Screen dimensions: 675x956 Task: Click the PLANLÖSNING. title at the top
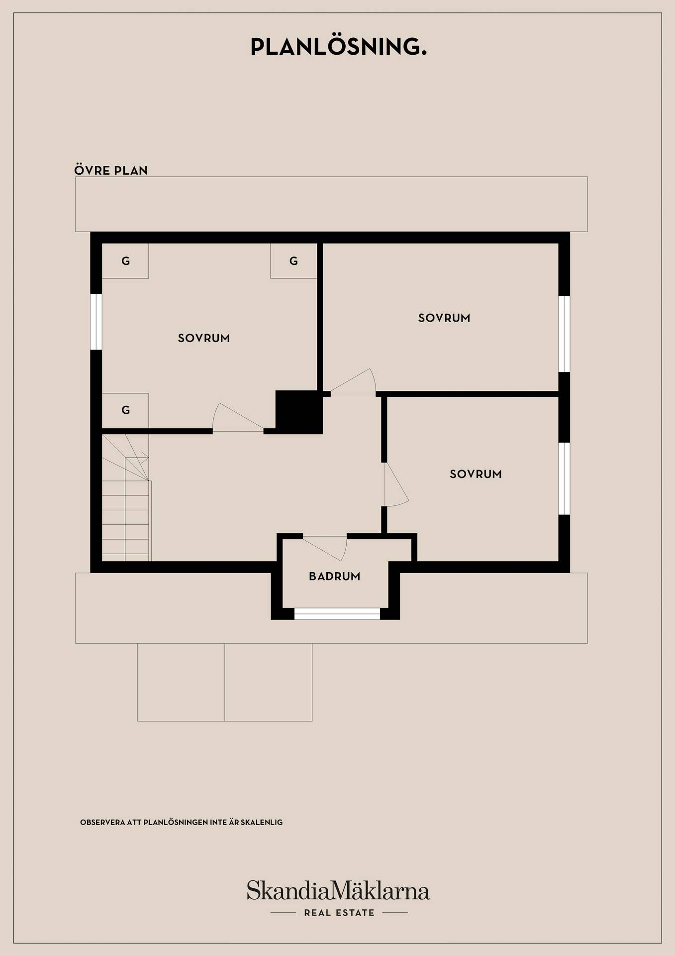(338, 46)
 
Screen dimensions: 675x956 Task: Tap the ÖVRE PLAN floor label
(111, 170)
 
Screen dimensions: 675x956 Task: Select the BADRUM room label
(334, 576)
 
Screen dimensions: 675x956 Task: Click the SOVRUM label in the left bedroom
(204, 338)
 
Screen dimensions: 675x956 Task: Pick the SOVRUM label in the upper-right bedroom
(444, 318)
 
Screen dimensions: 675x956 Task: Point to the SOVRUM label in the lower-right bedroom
(476, 474)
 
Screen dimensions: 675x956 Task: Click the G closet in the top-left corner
(125, 261)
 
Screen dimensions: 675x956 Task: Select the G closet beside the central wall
(293, 261)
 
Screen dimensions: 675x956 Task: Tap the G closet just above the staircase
(125, 410)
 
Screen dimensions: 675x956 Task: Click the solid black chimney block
(299, 412)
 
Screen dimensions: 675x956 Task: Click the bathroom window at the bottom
(337, 614)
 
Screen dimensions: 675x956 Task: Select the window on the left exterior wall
(96, 322)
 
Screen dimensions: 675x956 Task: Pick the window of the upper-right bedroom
(564, 334)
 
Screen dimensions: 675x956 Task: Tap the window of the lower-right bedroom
(564, 478)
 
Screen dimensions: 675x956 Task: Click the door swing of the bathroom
(325, 547)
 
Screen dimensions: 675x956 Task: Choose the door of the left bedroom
(238, 417)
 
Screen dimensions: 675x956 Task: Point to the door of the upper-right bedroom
(353, 381)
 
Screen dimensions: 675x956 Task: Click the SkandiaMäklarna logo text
(338, 891)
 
